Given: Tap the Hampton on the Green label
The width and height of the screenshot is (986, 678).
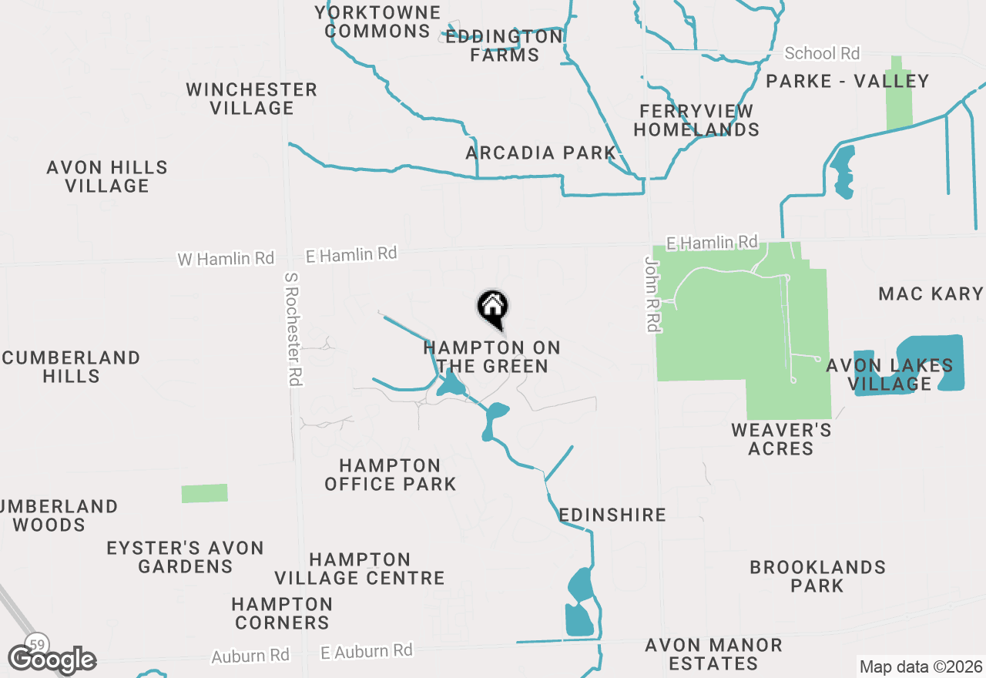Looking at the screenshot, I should pos(491,357).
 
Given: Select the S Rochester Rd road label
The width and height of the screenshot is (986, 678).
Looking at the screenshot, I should pos(293,329).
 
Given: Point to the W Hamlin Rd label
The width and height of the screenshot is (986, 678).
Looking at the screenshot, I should pos(226,259).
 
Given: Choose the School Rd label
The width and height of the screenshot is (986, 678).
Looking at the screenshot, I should pos(821,53).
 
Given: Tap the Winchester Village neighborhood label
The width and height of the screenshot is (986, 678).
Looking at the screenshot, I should pos(252,99).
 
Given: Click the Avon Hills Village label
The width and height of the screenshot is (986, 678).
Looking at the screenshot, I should pos(107,176).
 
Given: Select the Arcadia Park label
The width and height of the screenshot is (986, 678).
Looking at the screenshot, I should pos(541,153).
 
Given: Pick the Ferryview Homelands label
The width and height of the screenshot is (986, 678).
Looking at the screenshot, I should pos(696,120).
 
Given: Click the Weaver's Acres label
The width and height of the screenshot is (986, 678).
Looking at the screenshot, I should pos(781,439).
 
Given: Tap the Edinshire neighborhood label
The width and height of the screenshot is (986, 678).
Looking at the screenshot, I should pos(612,515).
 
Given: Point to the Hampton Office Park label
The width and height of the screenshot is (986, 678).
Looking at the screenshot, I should pos(391,475).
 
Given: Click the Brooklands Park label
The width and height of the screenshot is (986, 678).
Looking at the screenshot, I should pos(817,576).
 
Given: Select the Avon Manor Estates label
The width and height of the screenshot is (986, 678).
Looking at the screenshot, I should pos(713,654).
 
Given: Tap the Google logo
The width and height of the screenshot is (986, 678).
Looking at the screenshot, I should pos(52,660).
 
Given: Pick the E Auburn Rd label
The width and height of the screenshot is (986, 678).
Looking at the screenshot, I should pos(366,651).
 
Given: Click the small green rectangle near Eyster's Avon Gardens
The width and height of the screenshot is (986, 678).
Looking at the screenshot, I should pos(205,493).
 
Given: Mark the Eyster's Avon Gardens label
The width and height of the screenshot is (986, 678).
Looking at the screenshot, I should pos(186,557).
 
